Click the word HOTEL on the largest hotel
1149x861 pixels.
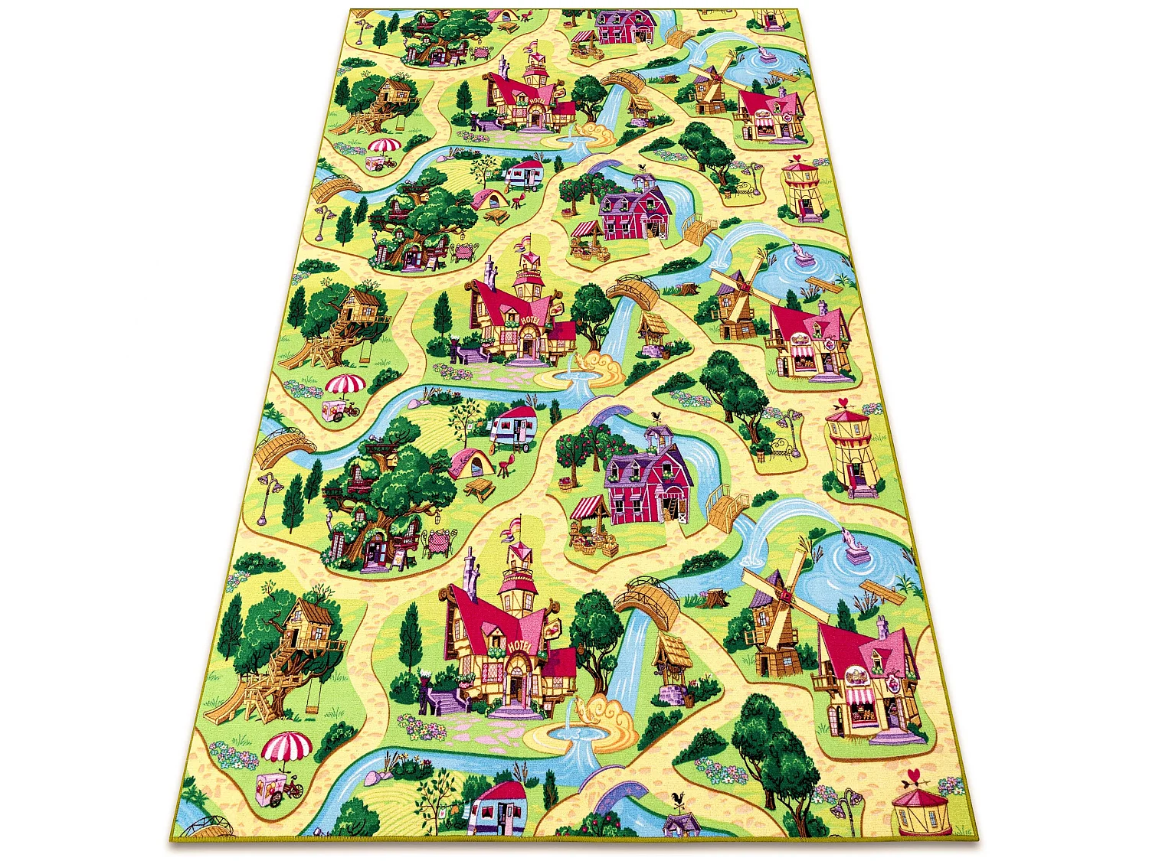(523, 647)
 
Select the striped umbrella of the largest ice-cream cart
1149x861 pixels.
(286, 745)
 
